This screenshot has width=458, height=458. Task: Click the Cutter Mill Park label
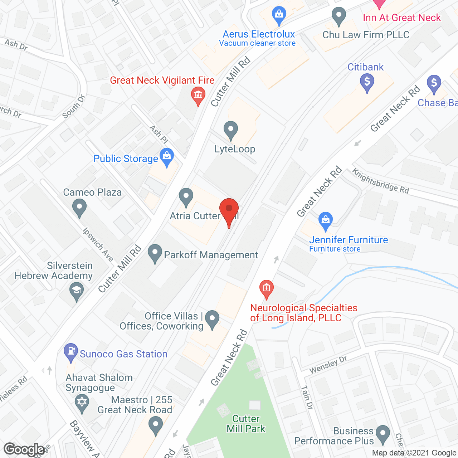[x=246, y=424]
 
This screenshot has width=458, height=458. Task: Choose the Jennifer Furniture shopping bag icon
[x=325, y=220]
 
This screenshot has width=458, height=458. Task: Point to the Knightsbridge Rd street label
[x=381, y=181]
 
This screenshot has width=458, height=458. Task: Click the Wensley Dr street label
[x=328, y=365]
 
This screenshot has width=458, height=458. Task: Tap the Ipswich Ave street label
[x=98, y=245]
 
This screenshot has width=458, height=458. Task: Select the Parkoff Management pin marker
[x=155, y=253]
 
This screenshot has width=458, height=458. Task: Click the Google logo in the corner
[x=24, y=449]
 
